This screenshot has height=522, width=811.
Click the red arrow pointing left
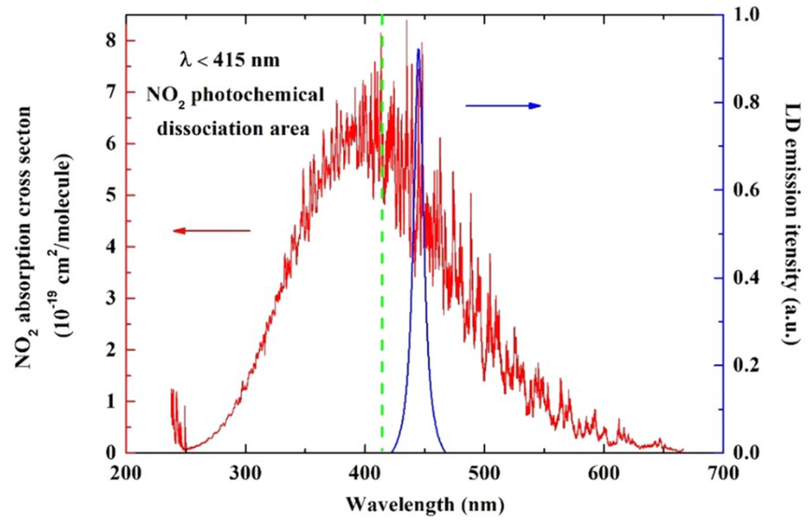pyautogui.click(x=211, y=230)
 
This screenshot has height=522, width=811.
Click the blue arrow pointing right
pyautogui.click(x=503, y=106)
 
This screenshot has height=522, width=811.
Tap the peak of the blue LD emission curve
pyautogui.click(x=418, y=50)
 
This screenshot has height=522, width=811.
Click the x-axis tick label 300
pyautogui.click(x=245, y=474)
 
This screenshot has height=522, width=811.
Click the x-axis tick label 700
pyautogui.click(x=723, y=474)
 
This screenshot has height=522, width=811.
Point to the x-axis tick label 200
pyautogui.click(x=126, y=474)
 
